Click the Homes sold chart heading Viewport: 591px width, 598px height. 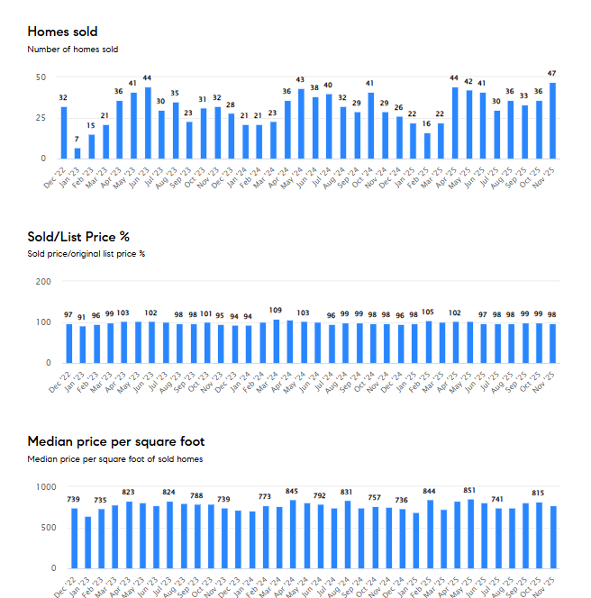[62, 32]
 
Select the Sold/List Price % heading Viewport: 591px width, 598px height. [78, 237]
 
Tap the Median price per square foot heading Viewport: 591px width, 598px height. [115, 441]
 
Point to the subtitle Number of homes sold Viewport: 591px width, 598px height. [72, 50]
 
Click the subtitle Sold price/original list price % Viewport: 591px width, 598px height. [86, 254]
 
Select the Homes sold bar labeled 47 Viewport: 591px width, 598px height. [552, 121]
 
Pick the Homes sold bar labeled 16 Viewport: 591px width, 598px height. [427, 146]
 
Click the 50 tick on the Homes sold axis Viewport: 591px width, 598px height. [41, 77]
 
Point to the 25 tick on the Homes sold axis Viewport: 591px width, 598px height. [41, 118]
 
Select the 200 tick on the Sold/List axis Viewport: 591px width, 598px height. [42, 281]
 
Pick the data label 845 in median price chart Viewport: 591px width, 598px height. [292, 492]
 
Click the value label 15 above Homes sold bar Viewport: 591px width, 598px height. [91, 126]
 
